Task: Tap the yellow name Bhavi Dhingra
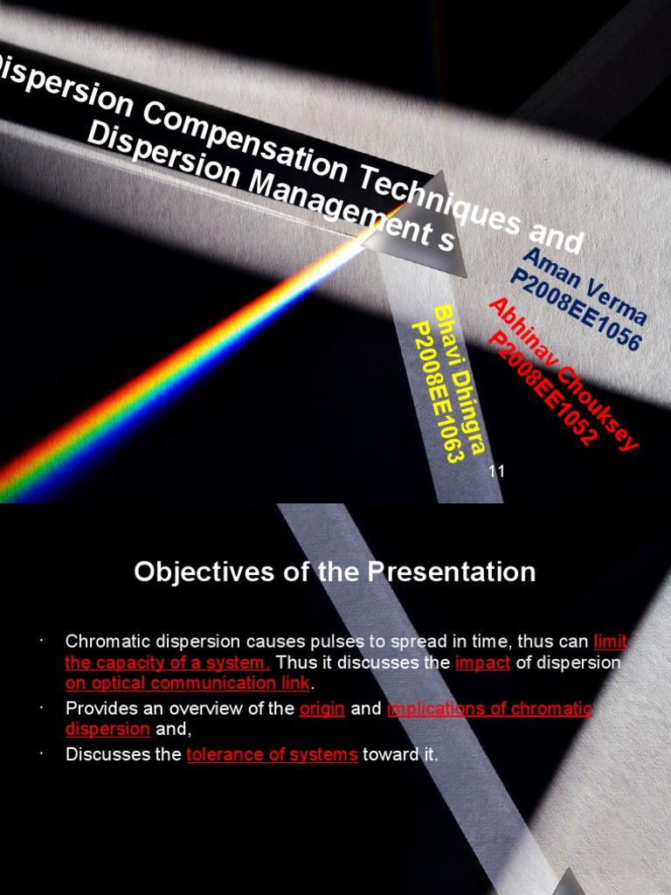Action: point(459,380)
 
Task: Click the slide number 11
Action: point(497,472)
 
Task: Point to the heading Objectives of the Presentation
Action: point(335,572)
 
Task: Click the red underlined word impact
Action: point(483,663)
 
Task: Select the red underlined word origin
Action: point(322,709)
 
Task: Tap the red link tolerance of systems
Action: point(272,754)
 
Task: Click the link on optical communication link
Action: point(188,683)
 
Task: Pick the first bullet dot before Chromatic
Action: point(41,642)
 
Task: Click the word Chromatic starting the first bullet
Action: point(102,642)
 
